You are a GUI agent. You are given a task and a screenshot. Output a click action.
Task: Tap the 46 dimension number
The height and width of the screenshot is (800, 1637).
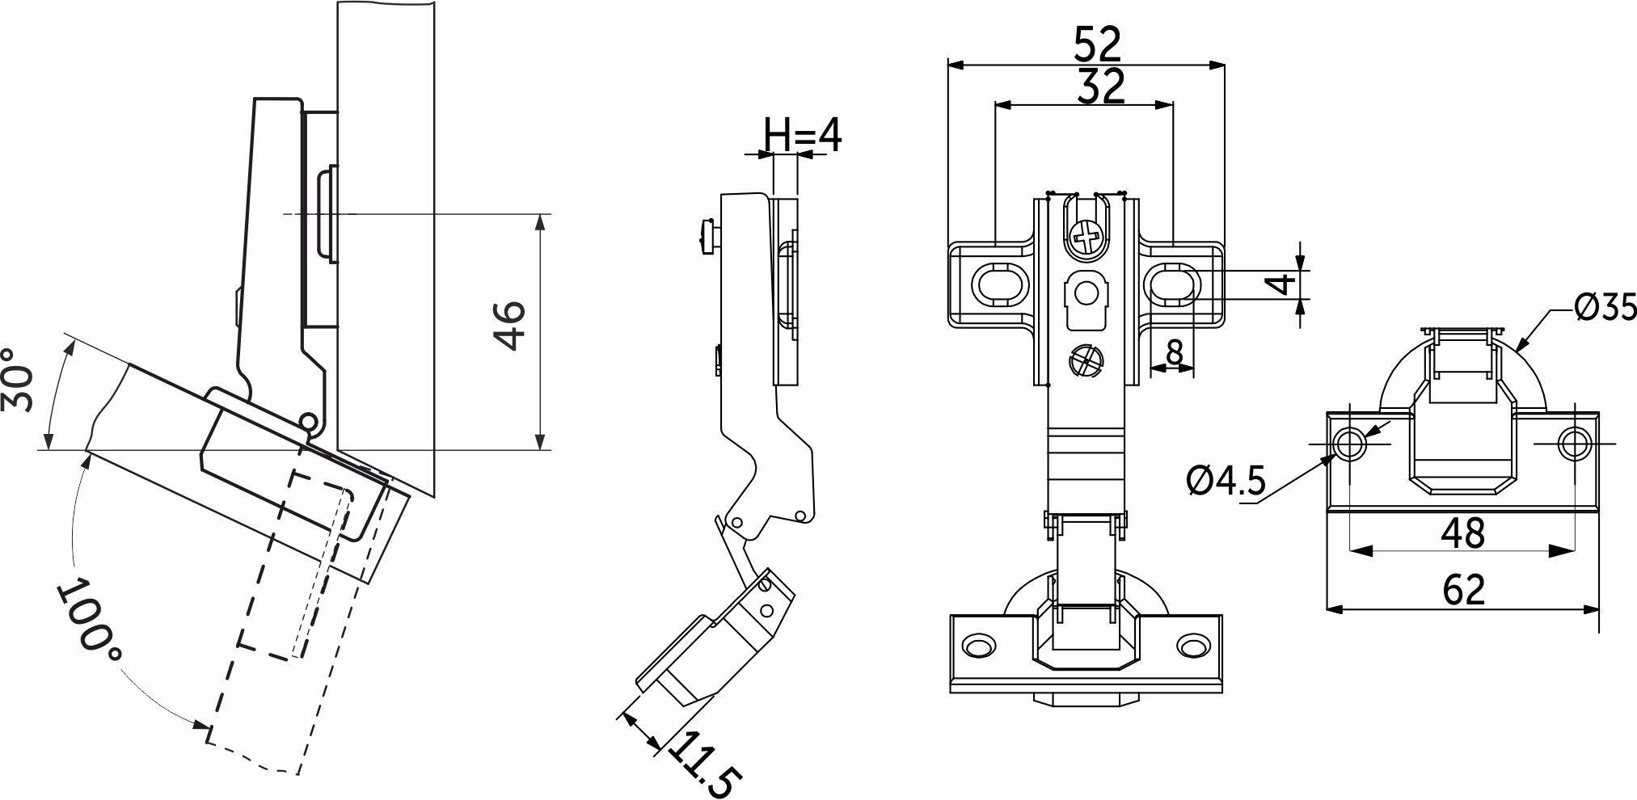tap(510, 325)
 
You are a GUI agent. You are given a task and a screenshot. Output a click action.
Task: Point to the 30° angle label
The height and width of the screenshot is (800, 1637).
tap(18, 379)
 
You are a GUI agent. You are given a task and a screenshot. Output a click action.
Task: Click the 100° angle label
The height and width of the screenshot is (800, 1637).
tap(90, 615)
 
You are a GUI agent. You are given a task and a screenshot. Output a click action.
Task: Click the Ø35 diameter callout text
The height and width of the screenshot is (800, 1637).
tap(1604, 306)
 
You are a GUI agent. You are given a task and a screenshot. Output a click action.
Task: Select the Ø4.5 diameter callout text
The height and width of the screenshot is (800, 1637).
tap(1226, 482)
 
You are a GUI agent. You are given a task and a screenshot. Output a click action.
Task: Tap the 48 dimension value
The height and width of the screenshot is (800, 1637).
tap(1464, 533)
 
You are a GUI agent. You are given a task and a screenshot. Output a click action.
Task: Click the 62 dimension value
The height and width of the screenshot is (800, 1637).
tap(1464, 590)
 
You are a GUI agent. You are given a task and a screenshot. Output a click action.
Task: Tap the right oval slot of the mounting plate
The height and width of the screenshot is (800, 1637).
tap(1172, 284)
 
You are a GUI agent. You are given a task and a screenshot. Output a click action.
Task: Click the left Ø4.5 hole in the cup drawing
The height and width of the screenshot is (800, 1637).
tap(1349, 444)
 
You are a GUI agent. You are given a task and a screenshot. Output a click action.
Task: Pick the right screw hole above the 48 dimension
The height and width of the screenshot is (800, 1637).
tap(1574, 444)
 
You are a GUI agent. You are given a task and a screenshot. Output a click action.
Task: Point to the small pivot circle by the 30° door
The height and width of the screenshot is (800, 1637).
tap(307, 421)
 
